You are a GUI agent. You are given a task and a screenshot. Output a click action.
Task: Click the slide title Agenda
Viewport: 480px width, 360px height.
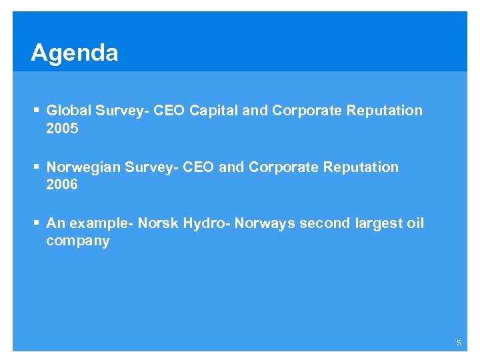coord(74,53)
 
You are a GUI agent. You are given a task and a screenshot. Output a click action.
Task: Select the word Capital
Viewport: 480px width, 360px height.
coord(213,111)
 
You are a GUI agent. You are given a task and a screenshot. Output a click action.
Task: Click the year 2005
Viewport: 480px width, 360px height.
coord(62,128)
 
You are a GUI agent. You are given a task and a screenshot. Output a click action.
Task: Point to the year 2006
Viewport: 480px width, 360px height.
coord(62,185)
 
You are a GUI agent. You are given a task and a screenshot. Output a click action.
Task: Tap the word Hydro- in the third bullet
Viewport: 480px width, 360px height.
coord(206,223)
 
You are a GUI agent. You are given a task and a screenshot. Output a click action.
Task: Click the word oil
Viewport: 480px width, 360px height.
coord(415,223)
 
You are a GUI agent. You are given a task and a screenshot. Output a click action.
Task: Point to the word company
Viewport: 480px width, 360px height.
coord(78,241)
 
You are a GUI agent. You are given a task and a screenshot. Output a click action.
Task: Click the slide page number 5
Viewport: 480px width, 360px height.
coord(459,342)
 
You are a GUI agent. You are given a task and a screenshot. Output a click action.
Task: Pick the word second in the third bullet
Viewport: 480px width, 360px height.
coord(323,223)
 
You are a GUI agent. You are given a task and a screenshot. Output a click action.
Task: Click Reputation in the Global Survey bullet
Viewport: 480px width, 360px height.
coord(385,111)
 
